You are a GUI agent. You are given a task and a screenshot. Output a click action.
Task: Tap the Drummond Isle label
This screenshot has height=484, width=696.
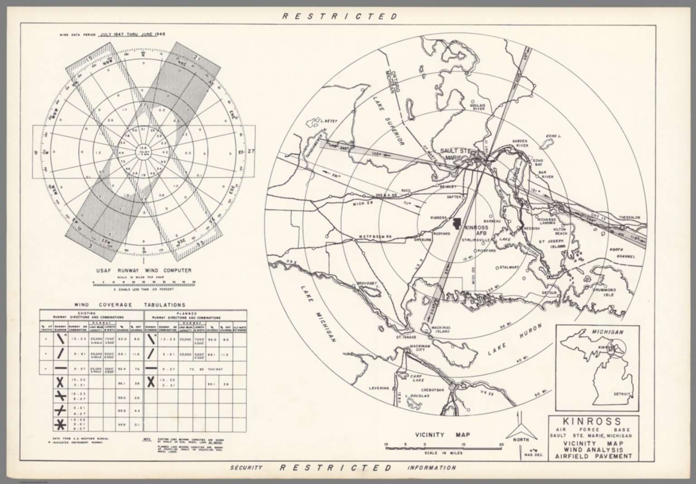[604, 292]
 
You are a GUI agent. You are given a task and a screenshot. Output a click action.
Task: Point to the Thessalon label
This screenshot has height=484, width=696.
[630, 218]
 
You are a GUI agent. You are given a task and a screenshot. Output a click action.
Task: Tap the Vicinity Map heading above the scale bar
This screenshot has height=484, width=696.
[443, 435]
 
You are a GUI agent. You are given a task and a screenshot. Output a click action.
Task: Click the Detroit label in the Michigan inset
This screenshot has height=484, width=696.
[621, 394]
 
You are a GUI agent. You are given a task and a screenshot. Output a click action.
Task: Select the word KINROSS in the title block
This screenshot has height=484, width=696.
[593, 421]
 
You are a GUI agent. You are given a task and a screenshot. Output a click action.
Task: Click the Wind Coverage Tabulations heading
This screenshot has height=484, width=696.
[130, 305]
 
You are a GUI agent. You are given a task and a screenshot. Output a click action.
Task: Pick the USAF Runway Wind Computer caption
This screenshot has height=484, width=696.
[143, 271]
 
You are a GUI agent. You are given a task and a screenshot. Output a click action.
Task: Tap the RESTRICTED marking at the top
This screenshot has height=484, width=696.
[340, 17]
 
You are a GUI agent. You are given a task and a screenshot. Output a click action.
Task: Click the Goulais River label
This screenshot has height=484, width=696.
[479, 107]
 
